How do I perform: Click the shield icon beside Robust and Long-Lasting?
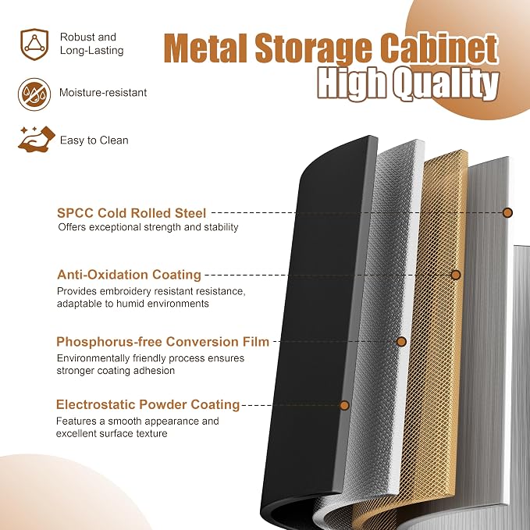[x=34, y=44]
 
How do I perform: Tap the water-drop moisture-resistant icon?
[x=34, y=94]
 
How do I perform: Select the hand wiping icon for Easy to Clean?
[x=37, y=139]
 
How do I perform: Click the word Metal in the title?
[x=206, y=48]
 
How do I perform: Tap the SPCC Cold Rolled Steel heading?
[x=131, y=213]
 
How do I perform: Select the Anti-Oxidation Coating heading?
[x=129, y=275]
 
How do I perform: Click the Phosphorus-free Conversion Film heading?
[x=162, y=342]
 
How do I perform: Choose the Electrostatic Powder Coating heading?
[x=148, y=404]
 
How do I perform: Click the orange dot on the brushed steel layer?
[x=507, y=212]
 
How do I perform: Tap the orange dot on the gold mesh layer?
[x=456, y=275]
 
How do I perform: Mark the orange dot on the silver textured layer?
[x=401, y=342]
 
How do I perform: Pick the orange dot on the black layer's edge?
[x=344, y=405]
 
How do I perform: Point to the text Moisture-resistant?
[x=103, y=93]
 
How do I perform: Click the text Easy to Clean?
[x=94, y=141]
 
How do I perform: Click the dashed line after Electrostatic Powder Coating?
[x=290, y=405]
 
